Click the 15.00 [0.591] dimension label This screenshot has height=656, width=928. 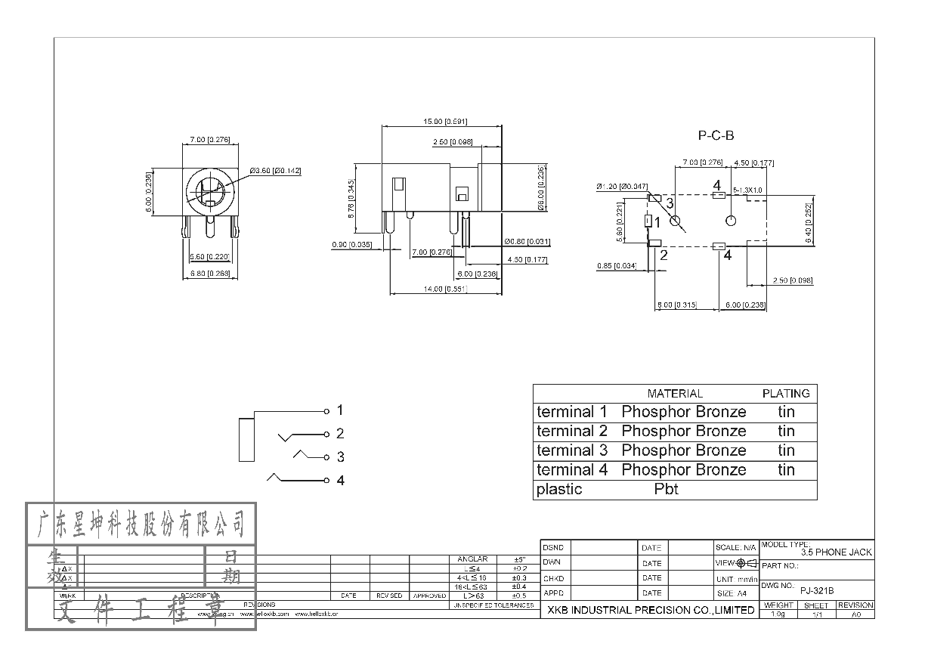(445, 121)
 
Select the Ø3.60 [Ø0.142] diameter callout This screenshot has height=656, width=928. (276, 171)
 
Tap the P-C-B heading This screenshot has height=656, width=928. (715, 136)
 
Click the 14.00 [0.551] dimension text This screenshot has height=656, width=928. (445, 289)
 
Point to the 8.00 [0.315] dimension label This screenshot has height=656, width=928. (673, 305)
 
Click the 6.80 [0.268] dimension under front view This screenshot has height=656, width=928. (209, 273)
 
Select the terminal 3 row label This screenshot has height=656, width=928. (571, 450)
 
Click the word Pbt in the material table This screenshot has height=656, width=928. (666, 489)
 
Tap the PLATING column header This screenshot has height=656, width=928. (785, 394)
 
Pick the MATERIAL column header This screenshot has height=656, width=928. (675, 394)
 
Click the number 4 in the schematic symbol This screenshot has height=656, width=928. (340, 481)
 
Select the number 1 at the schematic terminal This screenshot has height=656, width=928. (340, 410)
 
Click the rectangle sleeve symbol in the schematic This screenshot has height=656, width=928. (246, 439)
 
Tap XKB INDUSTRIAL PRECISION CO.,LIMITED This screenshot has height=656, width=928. (650, 610)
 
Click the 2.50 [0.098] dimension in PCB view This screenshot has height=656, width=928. (793, 280)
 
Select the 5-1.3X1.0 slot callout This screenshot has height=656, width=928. (748, 190)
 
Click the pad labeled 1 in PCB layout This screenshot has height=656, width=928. (648, 221)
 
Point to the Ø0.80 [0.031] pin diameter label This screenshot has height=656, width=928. (527, 242)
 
